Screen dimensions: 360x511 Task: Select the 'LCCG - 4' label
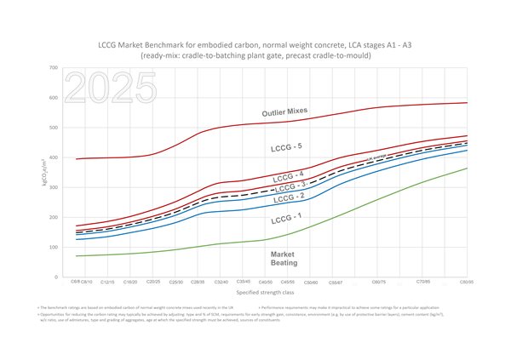pos(290,176)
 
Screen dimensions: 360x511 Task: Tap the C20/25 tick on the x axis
pos(153,282)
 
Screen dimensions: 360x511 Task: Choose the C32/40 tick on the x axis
pos(221,282)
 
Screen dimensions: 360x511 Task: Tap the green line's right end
pos(467,168)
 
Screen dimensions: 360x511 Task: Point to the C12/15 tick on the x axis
pos(108,282)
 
